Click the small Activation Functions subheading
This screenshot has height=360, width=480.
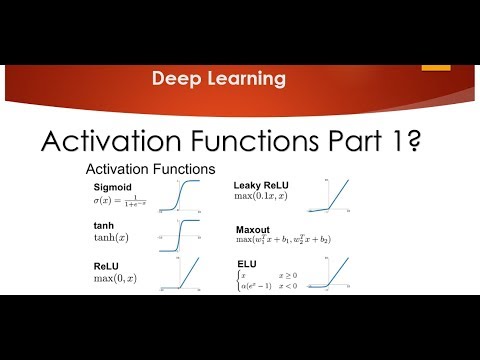click(149, 170)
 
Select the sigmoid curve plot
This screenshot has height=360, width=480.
click(178, 197)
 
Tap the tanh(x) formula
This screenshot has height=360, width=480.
click(112, 238)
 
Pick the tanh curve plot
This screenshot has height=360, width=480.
click(178, 236)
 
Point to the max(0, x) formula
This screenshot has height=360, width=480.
click(116, 277)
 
